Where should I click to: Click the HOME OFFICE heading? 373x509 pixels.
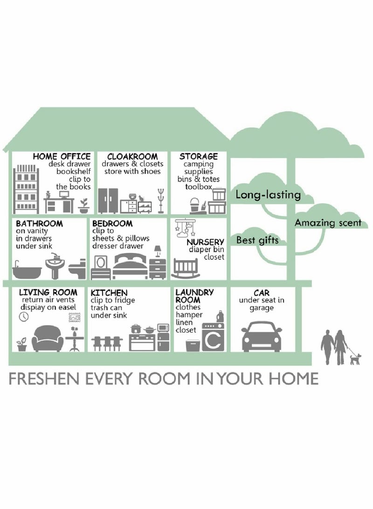pyautogui.click(x=62, y=156)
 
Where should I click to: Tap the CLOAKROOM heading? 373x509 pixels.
pyautogui.click(x=132, y=156)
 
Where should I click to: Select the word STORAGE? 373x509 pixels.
pyautogui.click(x=199, y=156)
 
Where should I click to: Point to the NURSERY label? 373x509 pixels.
pyautogui.click(x=206, y=242)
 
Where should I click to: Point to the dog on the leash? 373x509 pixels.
pyautogui.click(x=354, y=358)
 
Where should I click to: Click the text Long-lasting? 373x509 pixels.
pyautogui.click(x=268, y=195)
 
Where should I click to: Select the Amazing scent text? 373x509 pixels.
pyautogui.click(x=328, y=223)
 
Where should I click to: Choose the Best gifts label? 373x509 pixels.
pyautogui.click(x=257, y=241)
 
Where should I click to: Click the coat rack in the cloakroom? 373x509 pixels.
pyautogui.click(x=161, y=200)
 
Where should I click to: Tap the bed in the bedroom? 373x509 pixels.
pyautogui.click(x=131, y=266)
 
